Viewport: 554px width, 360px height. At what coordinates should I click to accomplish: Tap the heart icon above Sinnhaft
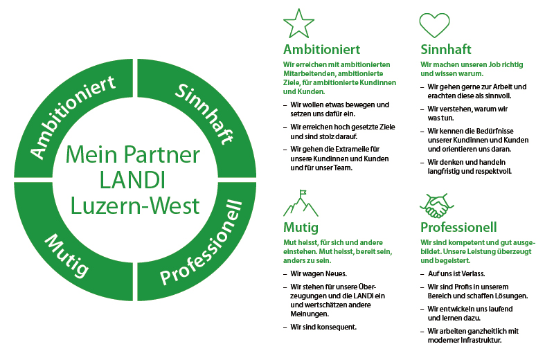[434, 25]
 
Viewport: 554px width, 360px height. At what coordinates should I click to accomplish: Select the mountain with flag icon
[299, 203]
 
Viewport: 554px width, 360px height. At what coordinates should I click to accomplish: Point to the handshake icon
[434, 206]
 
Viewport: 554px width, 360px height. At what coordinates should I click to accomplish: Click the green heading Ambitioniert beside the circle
[321, 49]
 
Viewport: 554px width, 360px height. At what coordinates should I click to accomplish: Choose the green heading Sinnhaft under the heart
[446, 49]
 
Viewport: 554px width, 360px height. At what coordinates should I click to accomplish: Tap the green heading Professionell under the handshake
[458, 227]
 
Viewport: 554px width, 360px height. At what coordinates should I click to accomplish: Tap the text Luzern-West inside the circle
[132, 206]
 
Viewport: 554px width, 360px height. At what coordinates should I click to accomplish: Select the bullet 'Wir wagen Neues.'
[318, 273]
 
